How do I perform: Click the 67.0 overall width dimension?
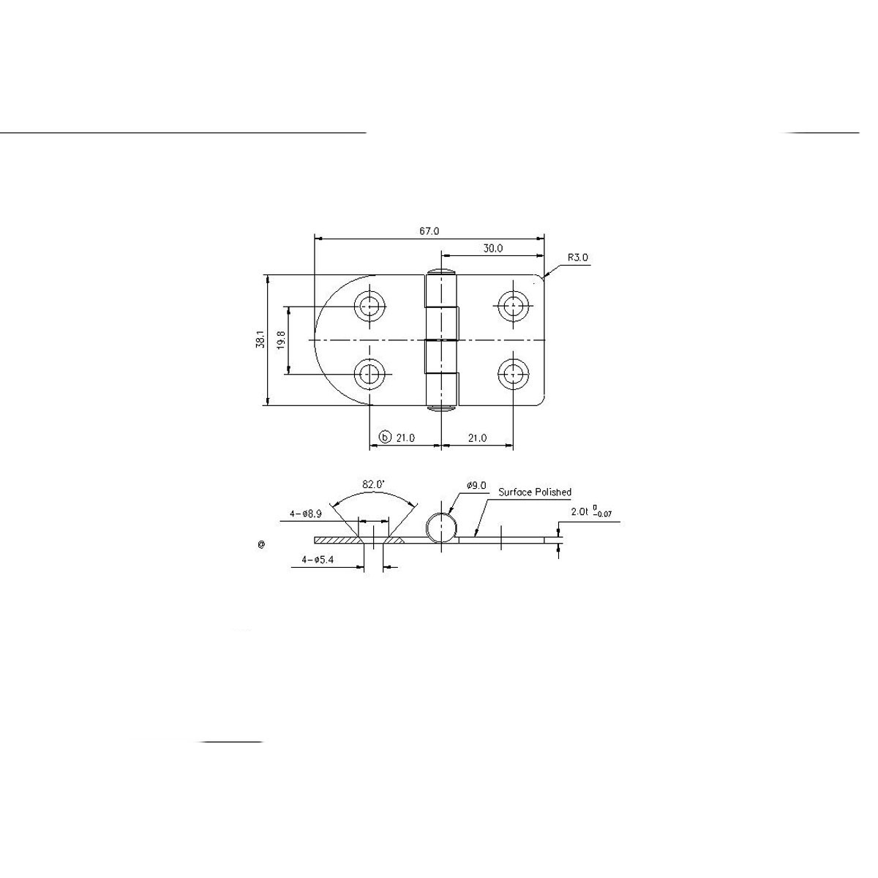coord(429,231)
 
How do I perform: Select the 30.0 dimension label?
coord(492,249)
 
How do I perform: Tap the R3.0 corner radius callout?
coord(577,258)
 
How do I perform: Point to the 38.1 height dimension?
coord(260,339)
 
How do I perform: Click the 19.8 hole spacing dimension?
coord(282,340)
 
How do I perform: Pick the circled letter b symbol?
coord(386,438)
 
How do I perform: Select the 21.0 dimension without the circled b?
coord(476,438)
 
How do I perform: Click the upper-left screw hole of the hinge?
coord(371,306)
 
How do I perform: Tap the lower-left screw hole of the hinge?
coord(371,375)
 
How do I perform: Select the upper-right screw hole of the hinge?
coord(514,306)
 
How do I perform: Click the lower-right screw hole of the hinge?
coord(514,375)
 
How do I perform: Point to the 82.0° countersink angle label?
coord(373,484)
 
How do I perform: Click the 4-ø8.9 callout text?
coord(307,514)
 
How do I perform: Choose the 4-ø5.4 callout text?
coord(319,560)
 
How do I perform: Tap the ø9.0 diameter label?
coord(476,485)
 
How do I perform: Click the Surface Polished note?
coord(535,492)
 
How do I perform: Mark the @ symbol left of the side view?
coord(261,544)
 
